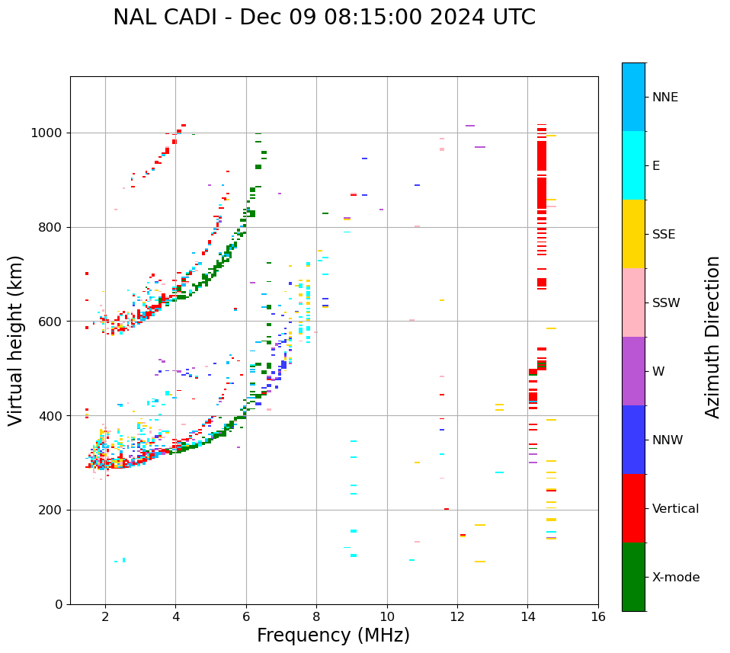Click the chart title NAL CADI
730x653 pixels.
pyautogui.click(x=324, y=18)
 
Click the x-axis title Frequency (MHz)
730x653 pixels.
pyautogui.click(x=333, y=635)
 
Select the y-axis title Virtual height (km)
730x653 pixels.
pyautogui.click(x=16, y=340)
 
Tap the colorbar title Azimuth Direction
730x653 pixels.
pyautogui.click(x=712, y=336)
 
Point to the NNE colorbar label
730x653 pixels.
pyautogui.click(x=665, y=98)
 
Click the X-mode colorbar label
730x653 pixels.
pyautogui.click(x=676, y=578)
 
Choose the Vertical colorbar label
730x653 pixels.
pyautogui.click(x=675, y=509)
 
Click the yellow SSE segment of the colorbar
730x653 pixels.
pyautogui.click(x=633, y=233)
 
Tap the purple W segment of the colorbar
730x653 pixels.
pyautogui.click(x=633, y=370)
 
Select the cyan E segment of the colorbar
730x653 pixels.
pyautogui.click(x=633, y=165)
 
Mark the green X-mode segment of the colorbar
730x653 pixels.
pyautogui.click(x=633, y=577)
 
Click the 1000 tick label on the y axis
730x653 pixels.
pyautogui.click(x=46, y=133)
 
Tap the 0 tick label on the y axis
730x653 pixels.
pyautogui.click(x=59, y=604)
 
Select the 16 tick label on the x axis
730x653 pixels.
pyautogui.click(x=598, y=616)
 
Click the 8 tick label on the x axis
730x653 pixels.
pyautogui.click(x=316, y=616)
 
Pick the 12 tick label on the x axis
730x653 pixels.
pyautogui.click(x=457, y=616)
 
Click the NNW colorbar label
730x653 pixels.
pyautogui.click(x=668, y=440)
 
